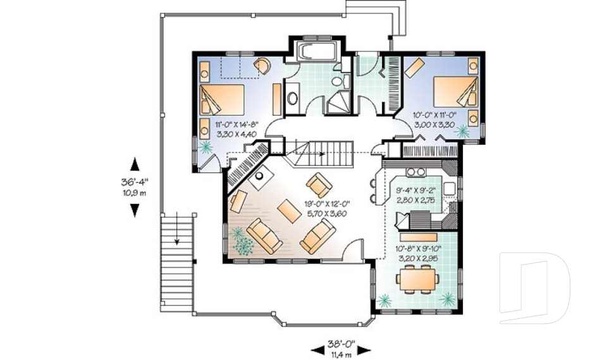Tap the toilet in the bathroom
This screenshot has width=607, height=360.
[337, 81]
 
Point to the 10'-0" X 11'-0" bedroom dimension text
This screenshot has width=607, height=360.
[436, 116]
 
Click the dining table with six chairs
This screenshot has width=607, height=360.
[416, 278]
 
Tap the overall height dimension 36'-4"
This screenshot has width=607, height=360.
[134, 182]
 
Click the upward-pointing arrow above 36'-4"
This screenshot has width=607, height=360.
[134, 164]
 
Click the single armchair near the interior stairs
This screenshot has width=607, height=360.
[319, 184]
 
